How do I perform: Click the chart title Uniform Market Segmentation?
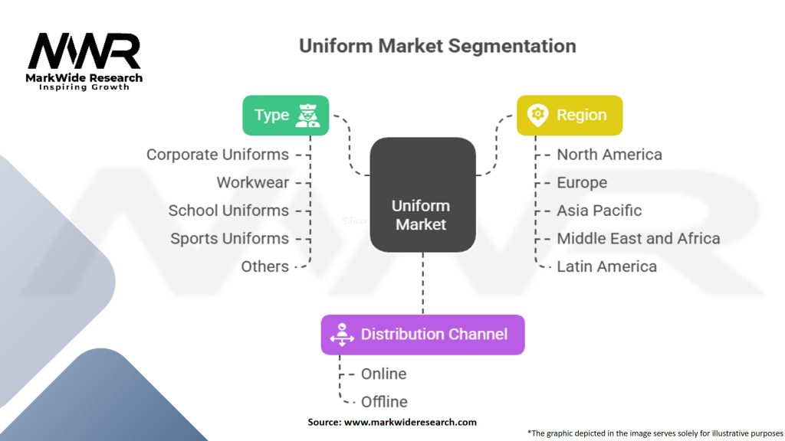[x=437, y=46]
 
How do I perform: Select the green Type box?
[x=286, y=116]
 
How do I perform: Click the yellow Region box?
[x=569, y=116]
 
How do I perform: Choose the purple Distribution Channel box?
[x=422, y=335]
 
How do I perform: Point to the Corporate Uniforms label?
[x=218, y=155]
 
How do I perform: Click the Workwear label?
[x=252, y=183]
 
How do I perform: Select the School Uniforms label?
[x=228, y=211]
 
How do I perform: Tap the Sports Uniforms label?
[x=229, y=239]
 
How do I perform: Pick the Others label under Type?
[x=264, y=266]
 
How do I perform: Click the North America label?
[x=609, y=155]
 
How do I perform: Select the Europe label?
[x=582, y=183]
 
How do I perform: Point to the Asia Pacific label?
[x=599, y=211]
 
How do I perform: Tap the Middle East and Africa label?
[x=638, y=239]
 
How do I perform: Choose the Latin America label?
[x=606, y=266]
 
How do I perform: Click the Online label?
[x=383, y=374]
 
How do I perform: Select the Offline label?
[x=384, y=402]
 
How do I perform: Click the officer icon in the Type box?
[x=316, y=116]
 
